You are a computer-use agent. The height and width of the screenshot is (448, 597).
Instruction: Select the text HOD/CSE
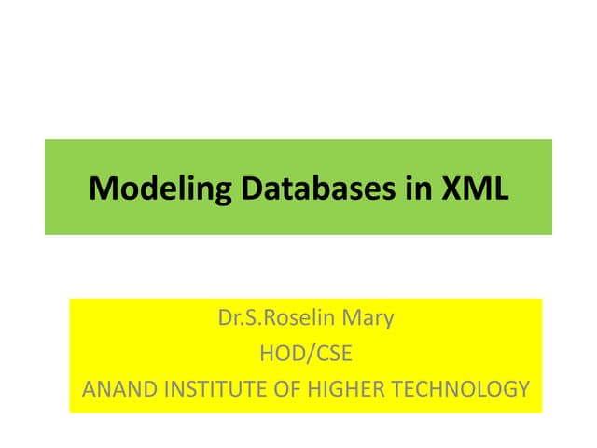pyautogui.click(x=306, y=354)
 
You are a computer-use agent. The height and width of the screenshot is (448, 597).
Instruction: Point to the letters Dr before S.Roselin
pyautogui.click(x=229, y=318)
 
